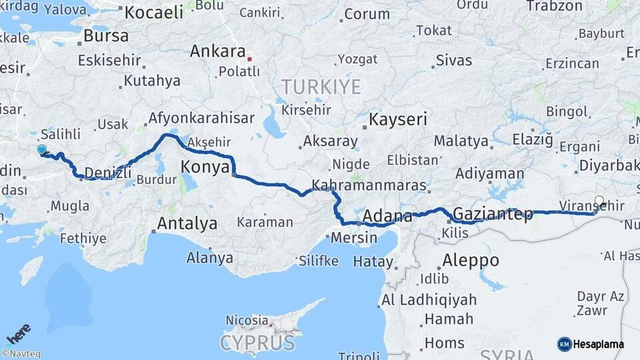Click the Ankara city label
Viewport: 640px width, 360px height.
click(x=218, y=51)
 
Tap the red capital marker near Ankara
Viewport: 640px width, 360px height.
click(x=249, y=59)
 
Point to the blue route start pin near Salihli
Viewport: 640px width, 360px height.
click(x=42, y=150)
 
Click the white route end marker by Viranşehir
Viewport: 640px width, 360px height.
click(x=599, y=200)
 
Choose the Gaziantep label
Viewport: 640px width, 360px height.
click(x=493, y=214)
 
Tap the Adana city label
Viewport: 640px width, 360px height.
click(x=387, y=216)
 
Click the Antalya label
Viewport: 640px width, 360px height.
click(x=187, y=224)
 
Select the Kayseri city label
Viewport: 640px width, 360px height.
click(x=398, y=120)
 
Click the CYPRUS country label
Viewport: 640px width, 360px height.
click(x=257, y=343)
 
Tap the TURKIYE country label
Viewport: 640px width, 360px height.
click(x=321, y=87)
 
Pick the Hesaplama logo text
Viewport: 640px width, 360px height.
click(x=598, y=344)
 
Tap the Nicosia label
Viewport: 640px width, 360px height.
click(x=247, y=321)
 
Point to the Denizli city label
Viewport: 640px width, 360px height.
click(x=107, y=173)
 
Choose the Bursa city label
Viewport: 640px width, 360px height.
click(x=107, y=36)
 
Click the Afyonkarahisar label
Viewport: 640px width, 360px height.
click(x=201, y=119)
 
